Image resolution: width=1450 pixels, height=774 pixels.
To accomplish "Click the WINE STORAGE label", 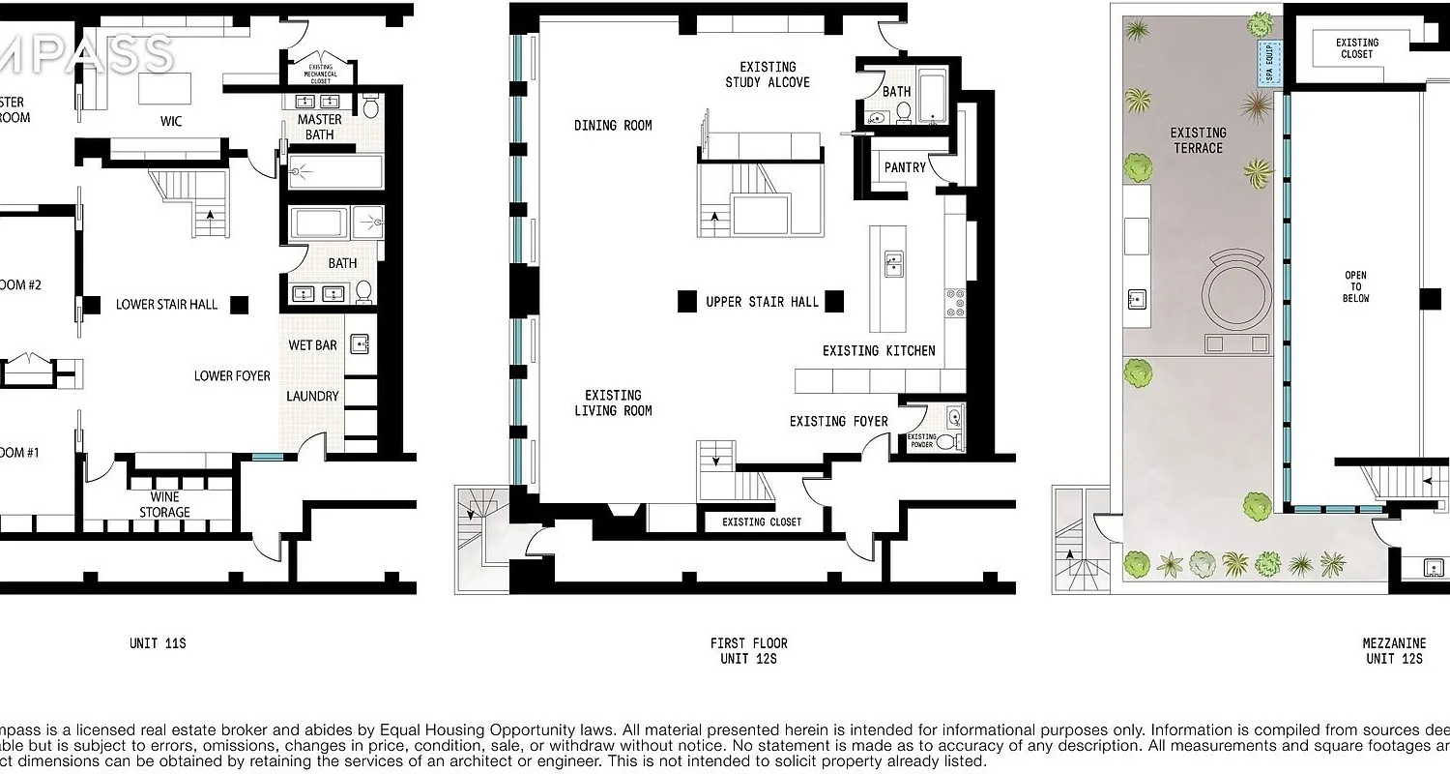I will (163, 504).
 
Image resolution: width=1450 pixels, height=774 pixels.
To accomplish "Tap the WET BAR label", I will (312, 345).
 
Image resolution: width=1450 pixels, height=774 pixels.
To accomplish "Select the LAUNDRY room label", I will (312, 396).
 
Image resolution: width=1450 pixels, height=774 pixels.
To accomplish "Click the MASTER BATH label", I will (319, 127).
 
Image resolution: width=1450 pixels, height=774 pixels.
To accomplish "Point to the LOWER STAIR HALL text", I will (166, 304).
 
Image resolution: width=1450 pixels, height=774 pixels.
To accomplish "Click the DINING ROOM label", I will (613, 125).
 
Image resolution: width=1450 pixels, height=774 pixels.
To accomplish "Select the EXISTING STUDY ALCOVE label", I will (768, 74).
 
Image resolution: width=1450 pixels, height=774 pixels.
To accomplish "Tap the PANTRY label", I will (905, 167).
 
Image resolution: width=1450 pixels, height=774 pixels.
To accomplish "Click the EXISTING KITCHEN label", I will (879, 350).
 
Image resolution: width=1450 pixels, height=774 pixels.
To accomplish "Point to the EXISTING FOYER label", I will (838, 421).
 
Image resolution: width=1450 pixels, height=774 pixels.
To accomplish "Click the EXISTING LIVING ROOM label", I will (613, 402).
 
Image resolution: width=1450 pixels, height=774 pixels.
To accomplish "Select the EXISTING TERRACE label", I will (1198, 140).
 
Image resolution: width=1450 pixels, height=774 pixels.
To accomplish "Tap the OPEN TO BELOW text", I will (1355, 287).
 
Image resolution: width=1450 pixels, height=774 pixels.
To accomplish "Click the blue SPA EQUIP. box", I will (1267, 62).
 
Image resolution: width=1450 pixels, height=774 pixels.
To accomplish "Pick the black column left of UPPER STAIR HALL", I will (686, 302).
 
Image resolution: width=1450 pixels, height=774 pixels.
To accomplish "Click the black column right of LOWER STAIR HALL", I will (239, 305).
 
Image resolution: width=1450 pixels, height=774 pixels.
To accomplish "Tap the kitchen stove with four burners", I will (955, 302).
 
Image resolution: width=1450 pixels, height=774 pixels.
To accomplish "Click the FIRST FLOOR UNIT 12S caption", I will (748, 651).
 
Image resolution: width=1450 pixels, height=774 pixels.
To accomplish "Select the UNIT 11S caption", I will (158, 642).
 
